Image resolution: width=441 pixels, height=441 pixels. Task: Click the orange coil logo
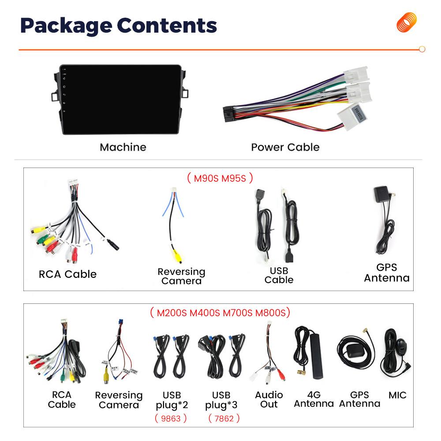[x=407, y=22]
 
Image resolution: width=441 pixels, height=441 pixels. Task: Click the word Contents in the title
[x=167, y=26]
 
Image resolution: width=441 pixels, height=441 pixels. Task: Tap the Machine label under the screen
[x=123, y=147]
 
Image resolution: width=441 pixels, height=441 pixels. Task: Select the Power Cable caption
[x=285, y=147]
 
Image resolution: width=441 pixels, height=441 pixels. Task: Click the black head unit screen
[x=121, y=99]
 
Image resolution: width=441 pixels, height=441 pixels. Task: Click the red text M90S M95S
[x=220, y=178]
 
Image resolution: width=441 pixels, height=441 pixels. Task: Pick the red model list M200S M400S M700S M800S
[x=220, y=313]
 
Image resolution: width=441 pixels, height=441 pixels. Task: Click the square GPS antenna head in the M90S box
[x=381, y=194]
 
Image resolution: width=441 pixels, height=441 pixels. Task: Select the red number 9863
[x=171, y=419]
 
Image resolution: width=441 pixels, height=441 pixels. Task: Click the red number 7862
[x=224, y=419]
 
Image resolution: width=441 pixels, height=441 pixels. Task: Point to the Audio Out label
[x=269, y=400]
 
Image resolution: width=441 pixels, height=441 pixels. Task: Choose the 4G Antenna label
[x=314, y=399]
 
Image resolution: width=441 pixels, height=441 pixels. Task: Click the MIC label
[x=397, y=395]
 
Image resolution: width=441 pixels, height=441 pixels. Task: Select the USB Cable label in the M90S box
[x=279, y=275]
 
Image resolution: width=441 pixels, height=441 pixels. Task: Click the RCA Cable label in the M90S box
[x=67, y=274]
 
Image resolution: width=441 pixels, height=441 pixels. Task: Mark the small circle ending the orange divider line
[x=422, y=49]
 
